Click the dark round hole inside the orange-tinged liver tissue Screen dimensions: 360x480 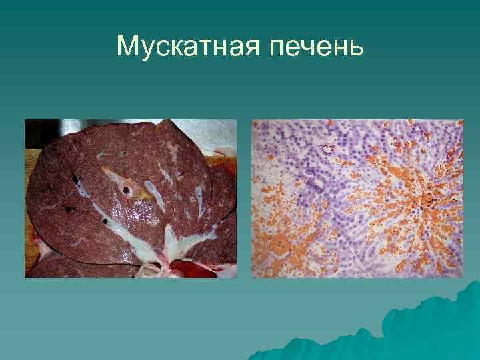click(x=125, y=190)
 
